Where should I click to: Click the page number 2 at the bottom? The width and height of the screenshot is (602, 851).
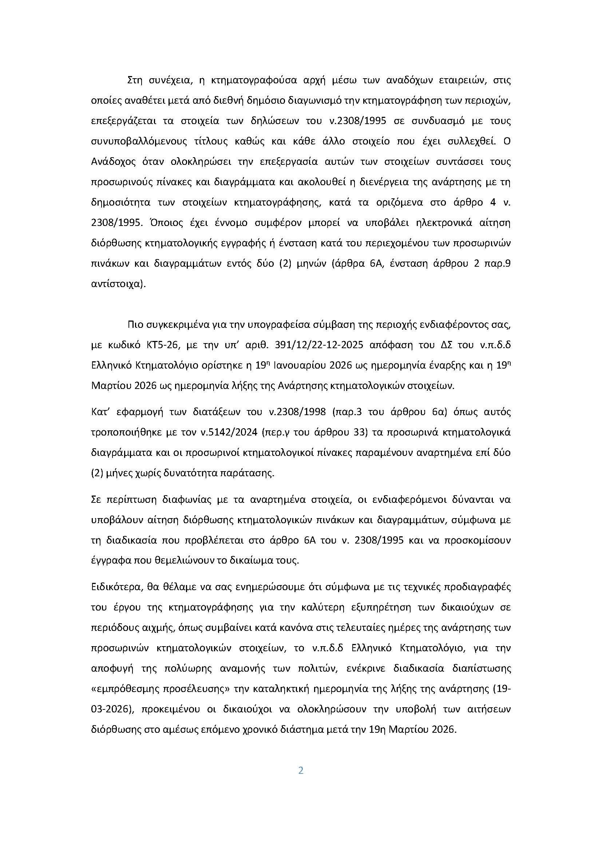pos(301,771)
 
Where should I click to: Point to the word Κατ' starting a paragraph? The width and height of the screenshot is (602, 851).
pos(99,412)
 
